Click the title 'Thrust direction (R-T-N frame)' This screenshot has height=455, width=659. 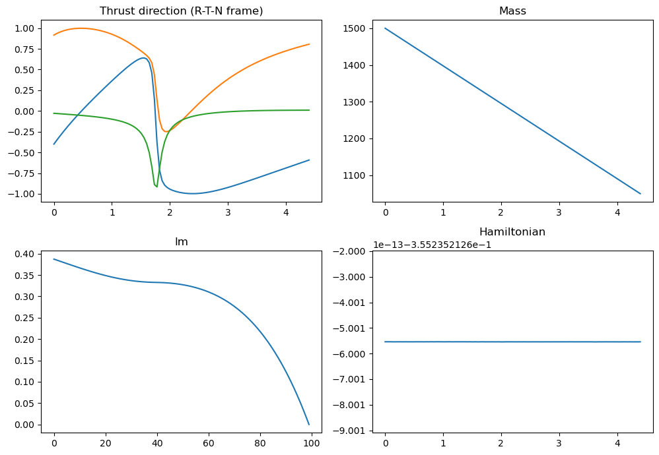181,11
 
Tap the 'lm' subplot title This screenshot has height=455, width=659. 181,242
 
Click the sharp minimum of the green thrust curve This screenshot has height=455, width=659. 156,187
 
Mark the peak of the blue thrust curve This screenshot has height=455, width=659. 143,58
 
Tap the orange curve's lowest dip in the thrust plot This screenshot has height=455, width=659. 166,132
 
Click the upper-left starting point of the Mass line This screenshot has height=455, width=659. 385,28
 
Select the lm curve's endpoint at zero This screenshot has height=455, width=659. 309,425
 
